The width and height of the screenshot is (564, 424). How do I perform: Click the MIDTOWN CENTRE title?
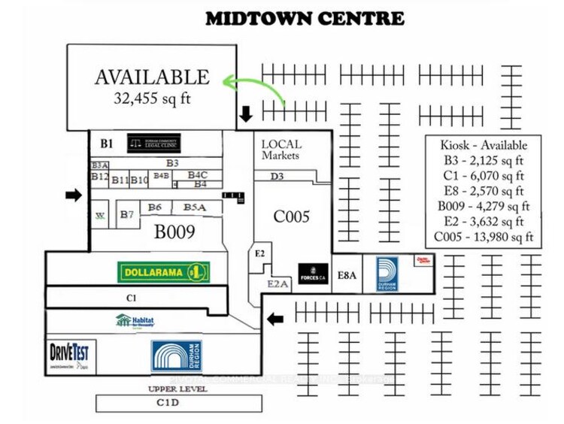pos(305,18)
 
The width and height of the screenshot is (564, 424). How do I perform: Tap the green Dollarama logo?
pos(163,271)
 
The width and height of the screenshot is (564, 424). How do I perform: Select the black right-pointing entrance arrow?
pos(73,195)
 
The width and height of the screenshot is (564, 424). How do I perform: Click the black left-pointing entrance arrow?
pos(276,319)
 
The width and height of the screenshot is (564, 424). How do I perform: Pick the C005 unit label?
pos(291,217)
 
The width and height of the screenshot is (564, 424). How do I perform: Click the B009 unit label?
pos(174,232)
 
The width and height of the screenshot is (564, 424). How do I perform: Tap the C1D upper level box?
pos(178,404)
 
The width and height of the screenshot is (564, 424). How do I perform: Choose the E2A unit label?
pos(277,283)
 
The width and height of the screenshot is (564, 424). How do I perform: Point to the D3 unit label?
pos(277,177)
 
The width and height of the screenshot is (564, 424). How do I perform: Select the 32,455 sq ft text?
pos(152,97)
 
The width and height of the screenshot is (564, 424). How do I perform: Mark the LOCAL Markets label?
pos(281,150)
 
